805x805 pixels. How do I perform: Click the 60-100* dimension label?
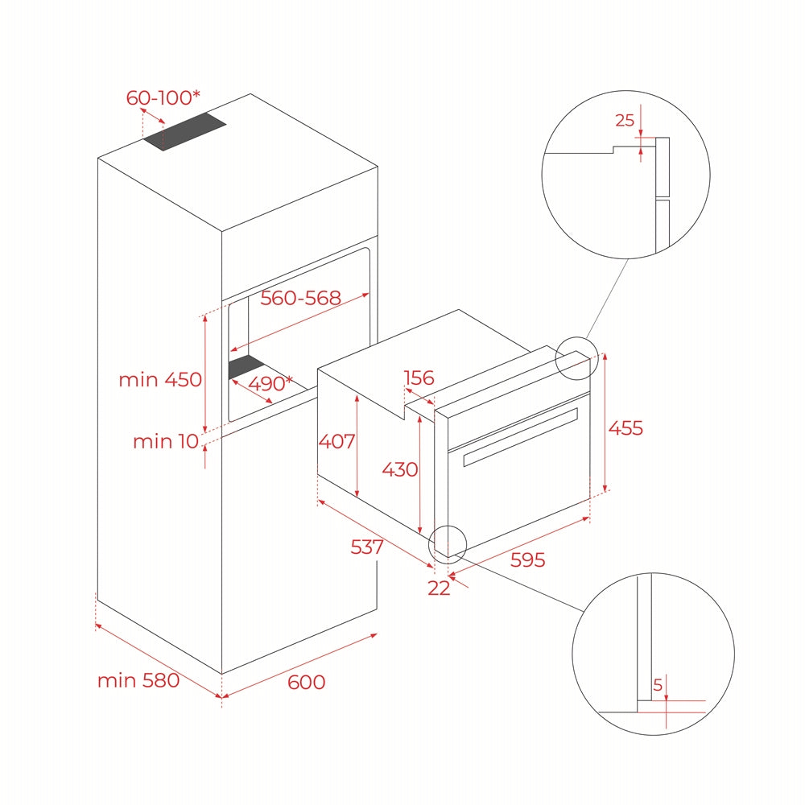[x=163, y=98]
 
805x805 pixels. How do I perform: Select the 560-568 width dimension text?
[x=301, y=298]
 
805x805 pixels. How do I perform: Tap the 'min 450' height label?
[x=160, y=379]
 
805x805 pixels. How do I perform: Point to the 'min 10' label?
[x=164, y=441]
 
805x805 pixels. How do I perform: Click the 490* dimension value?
[x=270, y=384]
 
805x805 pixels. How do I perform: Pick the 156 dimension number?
[x=419, y=378]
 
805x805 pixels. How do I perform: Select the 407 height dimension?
[x=336, y=441]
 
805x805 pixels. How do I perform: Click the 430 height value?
[x=400, y=469]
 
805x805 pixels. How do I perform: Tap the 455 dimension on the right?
[x=625, y=428]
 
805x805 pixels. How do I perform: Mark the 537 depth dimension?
[x=367, y=547]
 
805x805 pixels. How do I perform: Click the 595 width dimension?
[x=527, y=559]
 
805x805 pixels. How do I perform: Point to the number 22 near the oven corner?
[x=439, y=588]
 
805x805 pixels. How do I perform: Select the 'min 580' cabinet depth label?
[x=138, y=680]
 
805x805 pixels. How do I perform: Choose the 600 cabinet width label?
[x=306, y=683]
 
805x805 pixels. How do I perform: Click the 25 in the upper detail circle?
[x=625, y=121]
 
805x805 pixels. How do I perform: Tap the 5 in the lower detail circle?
[x=658, y=686]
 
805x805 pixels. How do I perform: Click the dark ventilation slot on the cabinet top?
[x=185, y=131]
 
